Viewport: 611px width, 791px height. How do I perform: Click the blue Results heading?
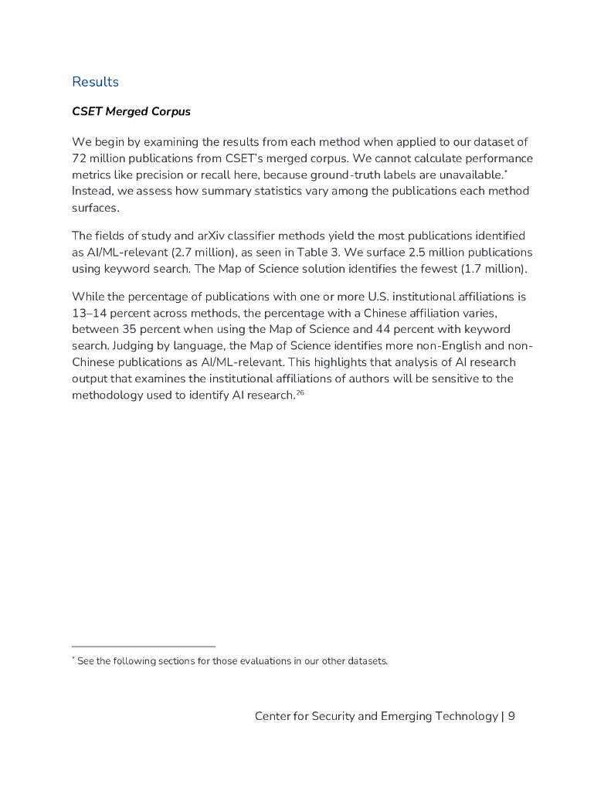coord(95,82)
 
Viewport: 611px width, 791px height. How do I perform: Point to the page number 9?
coord(511,716)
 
